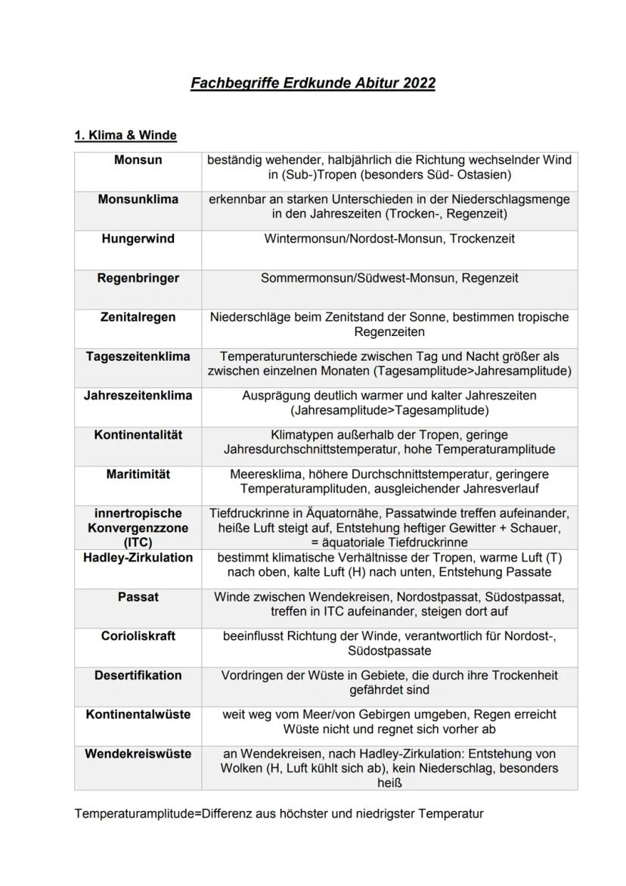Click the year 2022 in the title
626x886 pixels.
[419, 83]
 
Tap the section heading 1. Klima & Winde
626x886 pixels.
[125, 135]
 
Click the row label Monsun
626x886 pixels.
[138, 160]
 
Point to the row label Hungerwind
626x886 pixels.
[138, 239]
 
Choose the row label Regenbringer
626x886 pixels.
[138, 278]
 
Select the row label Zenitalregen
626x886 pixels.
[138, 318]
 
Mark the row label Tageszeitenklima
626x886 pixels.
[138, 356]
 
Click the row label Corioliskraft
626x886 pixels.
[138, 636]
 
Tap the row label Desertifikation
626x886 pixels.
[138, 676]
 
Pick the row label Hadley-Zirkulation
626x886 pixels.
[138, 558]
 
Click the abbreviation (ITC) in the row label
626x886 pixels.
[138, 542]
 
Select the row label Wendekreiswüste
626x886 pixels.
[138, 754]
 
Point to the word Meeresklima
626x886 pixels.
[262, 474]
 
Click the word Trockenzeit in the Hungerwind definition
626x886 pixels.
[483, 239]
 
